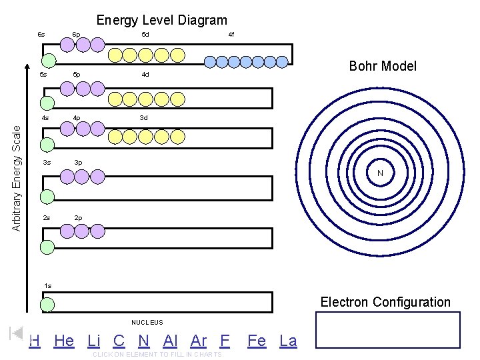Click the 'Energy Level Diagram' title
pos(162,21)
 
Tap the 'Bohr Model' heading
pos(383,66)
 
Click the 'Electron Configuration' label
pos(385,302)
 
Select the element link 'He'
pos(64,341)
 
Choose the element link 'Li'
pos(94,341)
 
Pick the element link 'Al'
pos(170,341)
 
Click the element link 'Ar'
pos(199,341)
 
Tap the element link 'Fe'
pos(257,341)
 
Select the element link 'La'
pos(288,341)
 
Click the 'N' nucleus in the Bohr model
pos(379,173)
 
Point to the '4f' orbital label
pos(231,34)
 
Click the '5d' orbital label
pos(145,34)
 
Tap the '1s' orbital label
pos(47,286)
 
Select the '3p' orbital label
pos(78,163)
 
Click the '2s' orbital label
pos(46,218)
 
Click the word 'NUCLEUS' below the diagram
pos(147,323)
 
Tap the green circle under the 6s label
pos(48,60)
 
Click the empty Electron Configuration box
pos(388,329)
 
